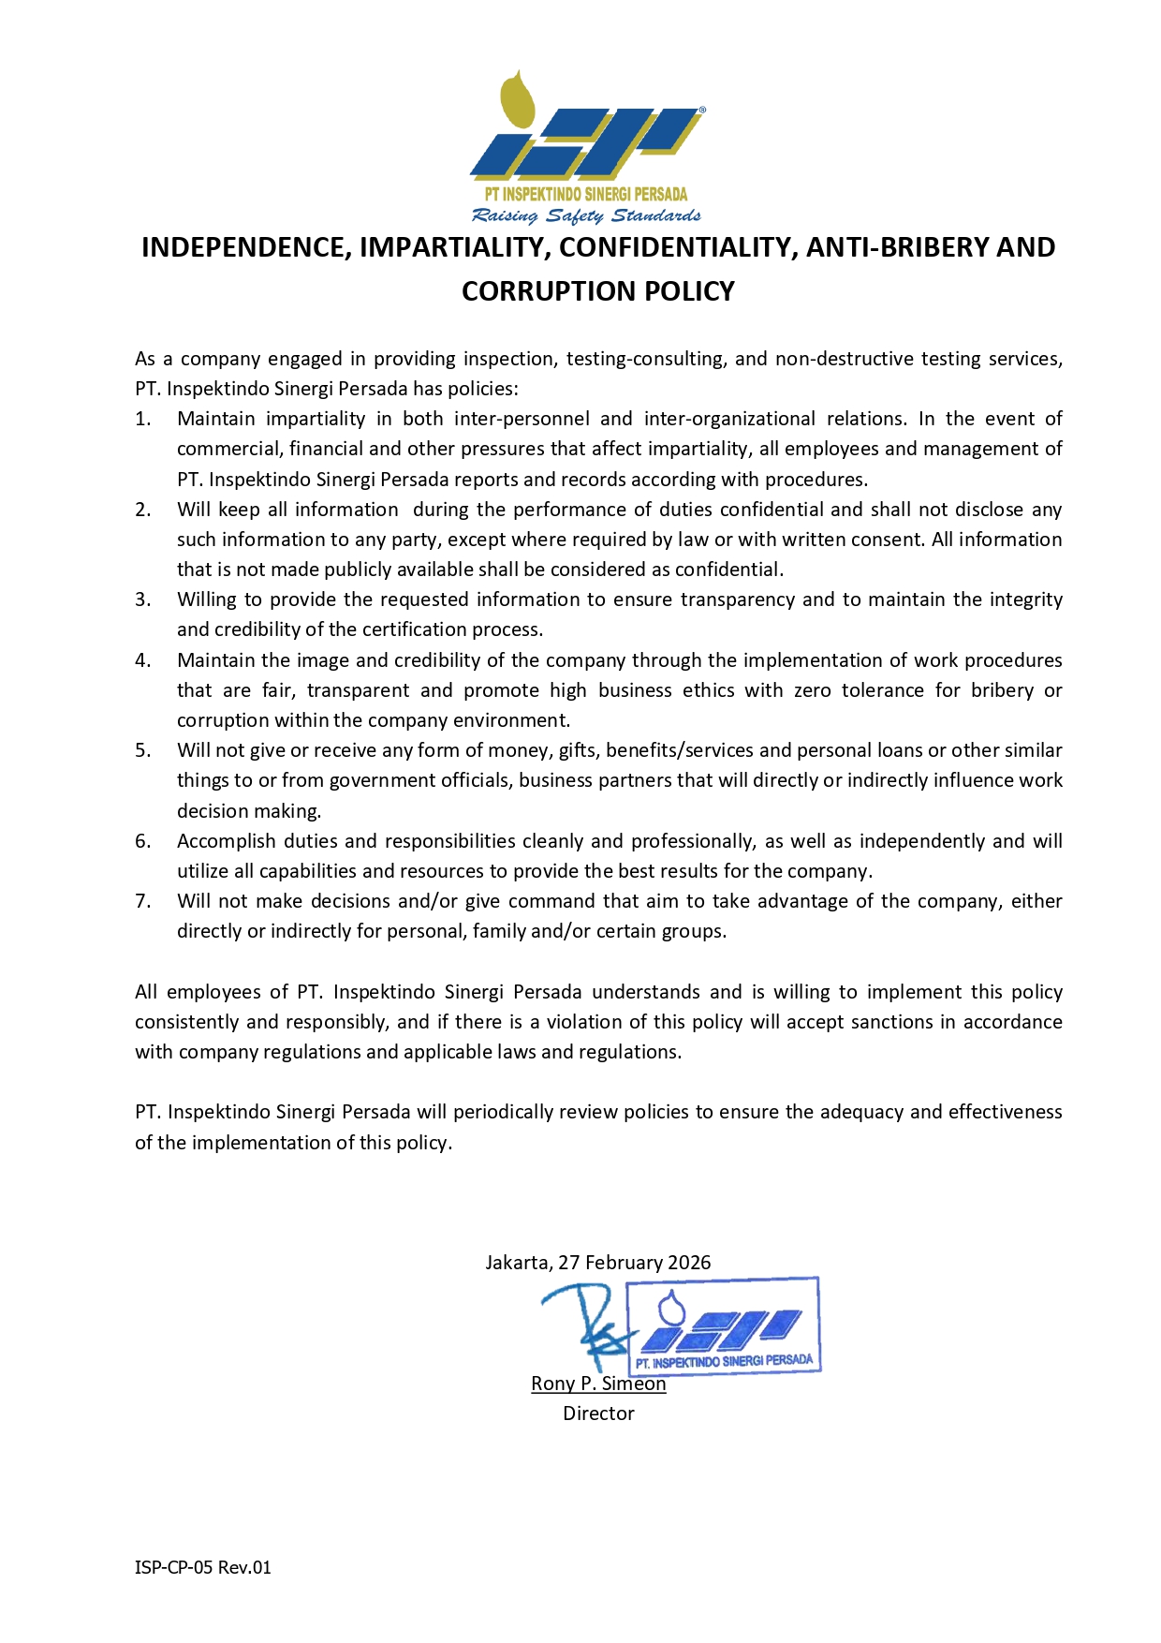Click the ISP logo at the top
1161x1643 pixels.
click(587, 131)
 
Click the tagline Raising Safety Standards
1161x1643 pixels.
click(586, 216)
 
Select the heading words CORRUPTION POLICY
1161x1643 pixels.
click(597, 291)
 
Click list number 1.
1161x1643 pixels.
click(142, 419)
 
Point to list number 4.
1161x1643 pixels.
click(142, 660)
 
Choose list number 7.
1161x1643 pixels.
click(142, 901)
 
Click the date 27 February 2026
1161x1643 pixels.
click(635, 1263)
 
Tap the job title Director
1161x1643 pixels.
click(598, 1414)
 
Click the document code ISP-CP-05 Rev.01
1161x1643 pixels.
click(203, 1567)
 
